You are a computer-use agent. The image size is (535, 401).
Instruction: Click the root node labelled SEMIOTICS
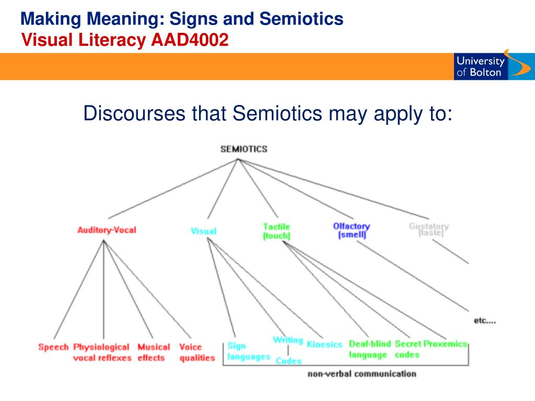243,149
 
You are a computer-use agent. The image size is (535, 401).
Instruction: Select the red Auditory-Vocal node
107,230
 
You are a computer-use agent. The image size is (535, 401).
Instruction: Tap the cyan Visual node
204,231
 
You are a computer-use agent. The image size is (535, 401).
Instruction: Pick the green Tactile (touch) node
276,231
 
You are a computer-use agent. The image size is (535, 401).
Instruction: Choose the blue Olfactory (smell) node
351,230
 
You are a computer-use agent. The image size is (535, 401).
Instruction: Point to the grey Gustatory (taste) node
429,230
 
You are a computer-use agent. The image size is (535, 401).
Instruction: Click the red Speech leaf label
53,347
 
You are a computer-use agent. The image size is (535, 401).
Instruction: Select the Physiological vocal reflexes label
101,352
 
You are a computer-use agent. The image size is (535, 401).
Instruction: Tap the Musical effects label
154,352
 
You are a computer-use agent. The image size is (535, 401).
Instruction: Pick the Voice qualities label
197,352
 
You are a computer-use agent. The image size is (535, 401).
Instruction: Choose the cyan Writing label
288,340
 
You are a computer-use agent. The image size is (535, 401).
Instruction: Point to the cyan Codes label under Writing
288,361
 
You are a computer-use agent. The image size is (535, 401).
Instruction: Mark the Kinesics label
324,345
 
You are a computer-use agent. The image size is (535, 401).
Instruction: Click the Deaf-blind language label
369,349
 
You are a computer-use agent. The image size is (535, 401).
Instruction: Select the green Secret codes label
408,349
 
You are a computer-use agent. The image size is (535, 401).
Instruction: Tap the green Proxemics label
445,344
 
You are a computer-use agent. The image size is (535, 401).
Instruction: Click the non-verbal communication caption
362,374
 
